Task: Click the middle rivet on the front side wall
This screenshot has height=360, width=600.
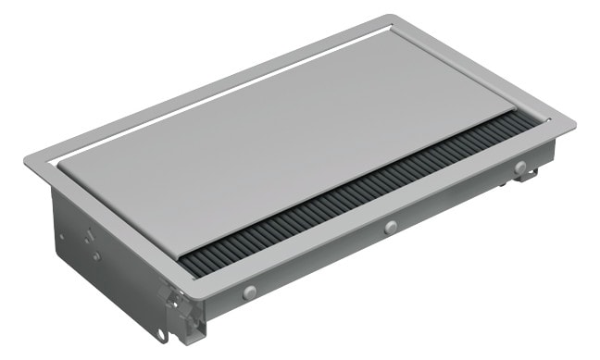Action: [x=390, y=227]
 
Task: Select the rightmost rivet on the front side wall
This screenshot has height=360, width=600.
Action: [x=520, y=167]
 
